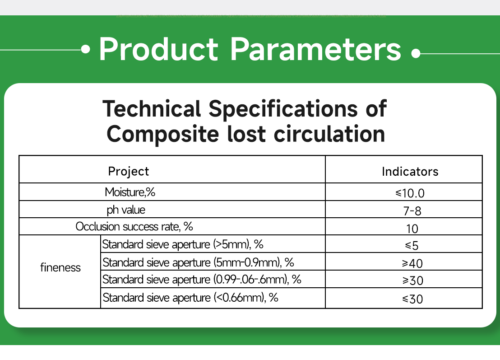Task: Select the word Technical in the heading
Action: [x=152, y=109]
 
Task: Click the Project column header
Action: [x=128, y=172]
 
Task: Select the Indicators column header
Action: [x=410, y=172]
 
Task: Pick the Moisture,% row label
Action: [x=130, y=192]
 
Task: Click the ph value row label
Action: [x=126, y=210]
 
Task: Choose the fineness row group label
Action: [x=60, y=267]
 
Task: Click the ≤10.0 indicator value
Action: [x=410, y=193]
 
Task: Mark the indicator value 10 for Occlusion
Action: [x=412, y=229]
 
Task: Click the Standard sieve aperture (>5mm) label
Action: [x=183, y=245]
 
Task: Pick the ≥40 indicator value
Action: [x=412, y=263]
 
